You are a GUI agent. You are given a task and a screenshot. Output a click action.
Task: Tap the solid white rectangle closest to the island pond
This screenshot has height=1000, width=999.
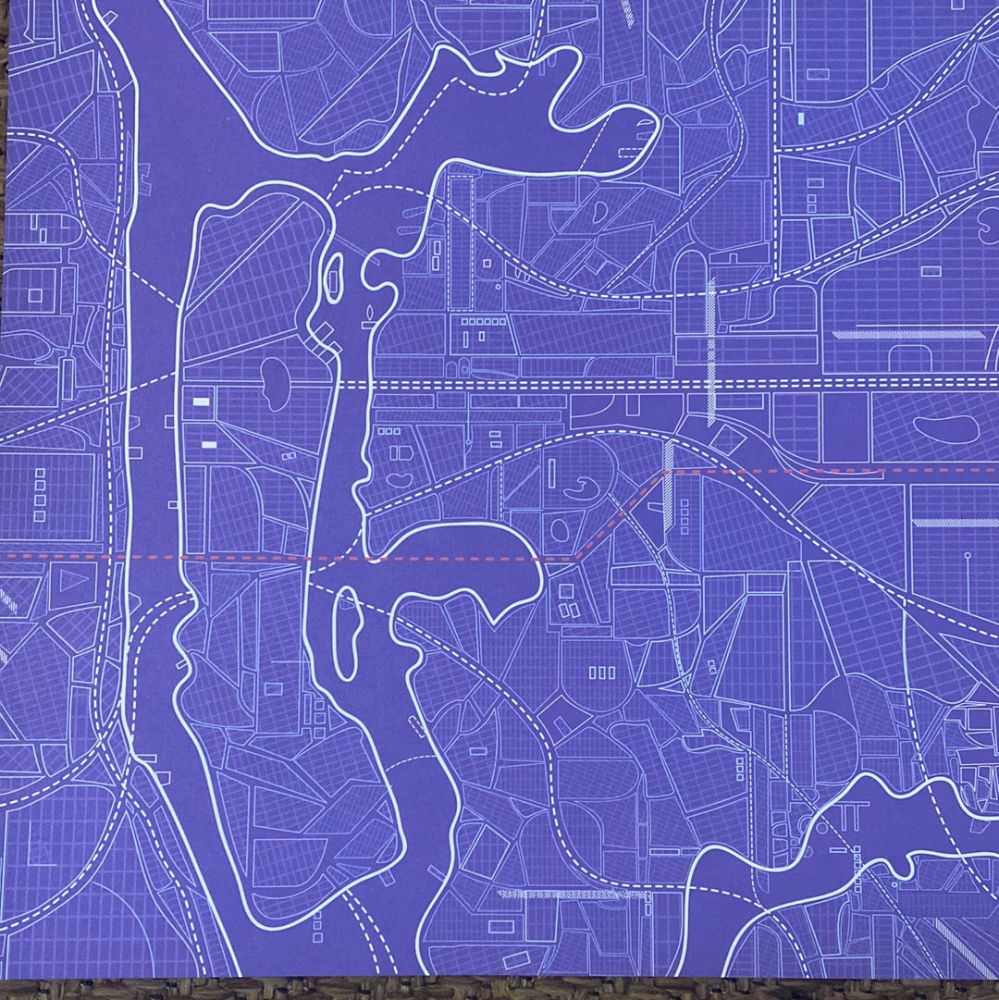tap(201, 401)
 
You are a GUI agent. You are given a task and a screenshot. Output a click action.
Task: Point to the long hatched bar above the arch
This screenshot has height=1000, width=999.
tap(906, 334)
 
